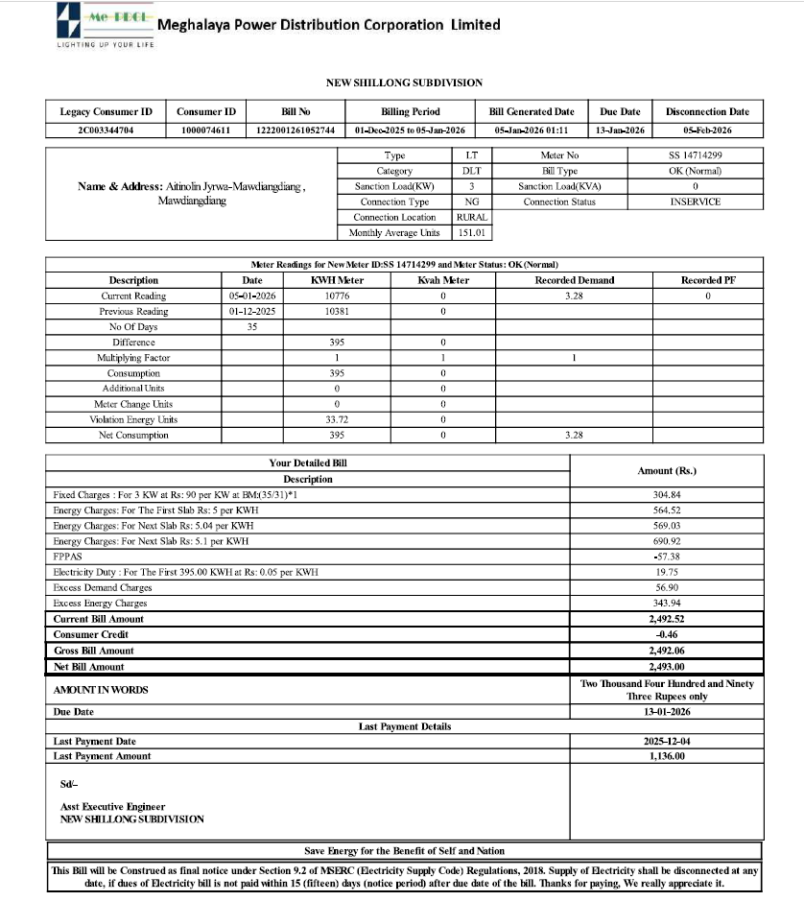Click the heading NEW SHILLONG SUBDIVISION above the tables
point(404,83)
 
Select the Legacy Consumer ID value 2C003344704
point(106,130)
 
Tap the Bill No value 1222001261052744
point(295,130)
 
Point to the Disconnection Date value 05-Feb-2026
point(707,130)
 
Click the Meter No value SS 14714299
point(696,155)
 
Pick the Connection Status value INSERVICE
point(696,202)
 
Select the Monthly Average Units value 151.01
point(472,232)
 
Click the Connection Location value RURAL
point(472,217)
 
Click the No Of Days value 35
point(252,327)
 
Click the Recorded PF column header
point(707,280)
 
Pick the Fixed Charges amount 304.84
point(667,495)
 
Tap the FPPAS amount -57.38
point(667,557)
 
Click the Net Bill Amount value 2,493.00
point(667,667)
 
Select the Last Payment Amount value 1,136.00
point(667,756)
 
